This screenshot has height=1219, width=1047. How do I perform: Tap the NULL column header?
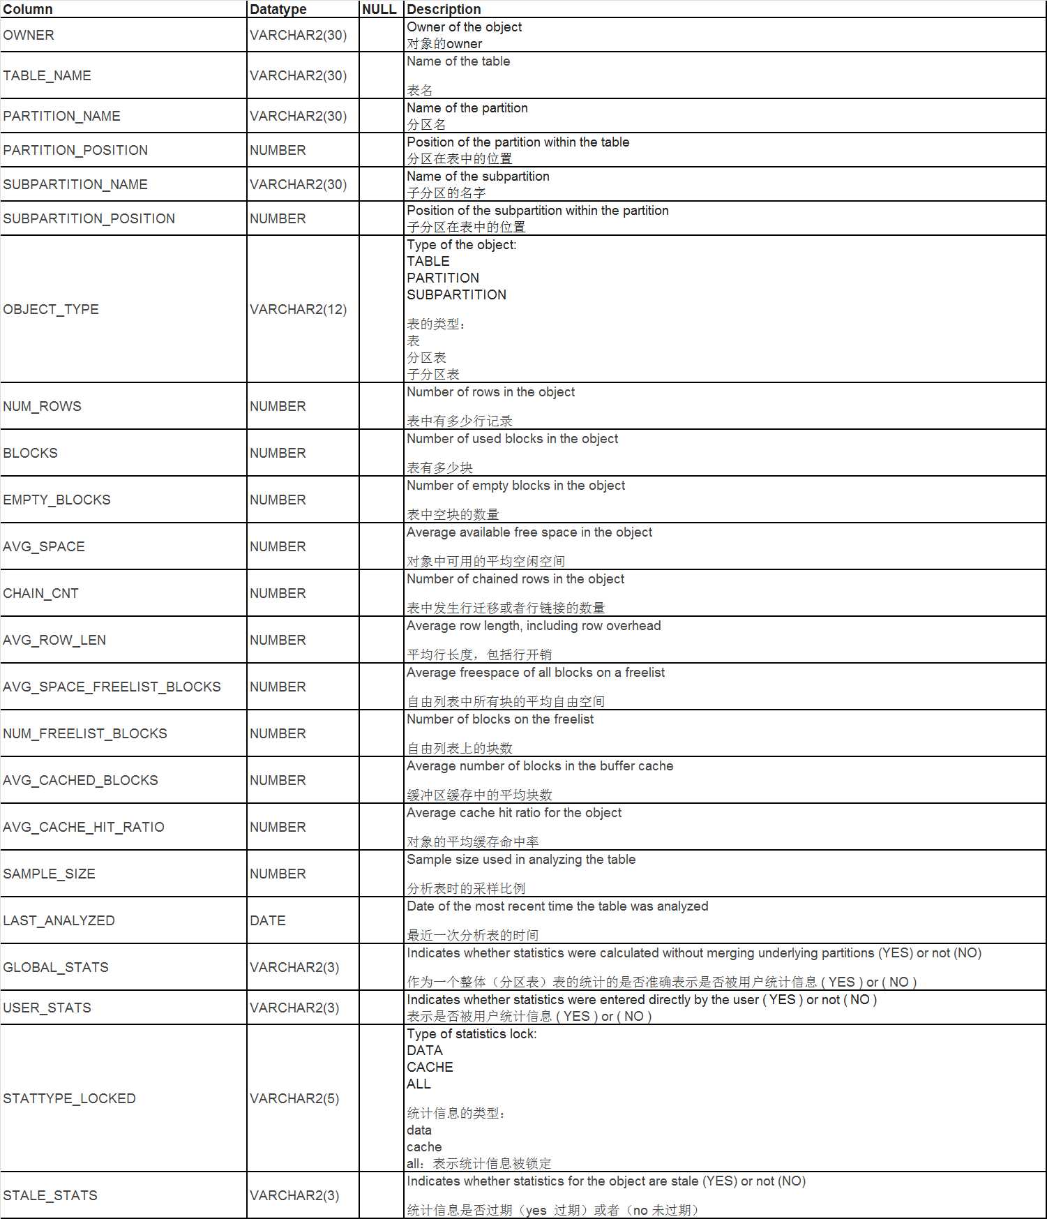pyautogui.click(x=379, y=9)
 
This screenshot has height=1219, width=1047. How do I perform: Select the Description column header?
pyautogui.click(x=444, y=9)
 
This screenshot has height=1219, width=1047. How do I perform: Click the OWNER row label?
pyautogui.click(x=29, y=35)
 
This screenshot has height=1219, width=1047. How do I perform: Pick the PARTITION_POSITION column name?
pyautogui.click(x=75, y=150)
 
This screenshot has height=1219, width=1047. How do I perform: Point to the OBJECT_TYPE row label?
pyautogui.click(x=51, y=309)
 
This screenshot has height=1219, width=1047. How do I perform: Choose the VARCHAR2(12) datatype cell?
pyautogui.click(x=298, y=309)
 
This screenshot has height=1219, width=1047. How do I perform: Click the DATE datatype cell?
pyautogui.click(x=268, y=920)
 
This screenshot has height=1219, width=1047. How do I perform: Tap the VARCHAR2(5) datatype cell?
pyautogui.click(x=294, y=1098)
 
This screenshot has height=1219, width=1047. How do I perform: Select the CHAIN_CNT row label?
pyautogui.click(x=40, y=593)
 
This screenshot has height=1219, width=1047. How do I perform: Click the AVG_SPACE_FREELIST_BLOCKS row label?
pyautogui.click(x=112, y=687)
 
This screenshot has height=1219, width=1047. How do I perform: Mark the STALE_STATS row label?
pyautogui.click(x=50, y=1195)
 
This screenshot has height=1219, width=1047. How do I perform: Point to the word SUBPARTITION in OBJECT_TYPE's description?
pyautogui.click(x=456, y=294)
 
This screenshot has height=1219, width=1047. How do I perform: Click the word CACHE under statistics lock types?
pyautogui.click(x=430, y=1067)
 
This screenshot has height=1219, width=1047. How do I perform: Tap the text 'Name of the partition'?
pyautogui.click(x=467, y=107)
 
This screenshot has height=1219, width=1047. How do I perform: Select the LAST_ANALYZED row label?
pyautogui.click(x=59, y=920)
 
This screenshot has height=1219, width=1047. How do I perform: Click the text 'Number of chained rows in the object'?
pyautogui.click(x=515, y=578)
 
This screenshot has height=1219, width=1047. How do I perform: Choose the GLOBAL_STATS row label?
pyautogui.click(x=56, y=967)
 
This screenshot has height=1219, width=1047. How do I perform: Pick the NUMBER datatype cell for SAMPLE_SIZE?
pyautogui.click(x=278, y=874)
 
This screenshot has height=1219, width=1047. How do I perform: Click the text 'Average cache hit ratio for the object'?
pyautogui.click(x=513, y=812)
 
